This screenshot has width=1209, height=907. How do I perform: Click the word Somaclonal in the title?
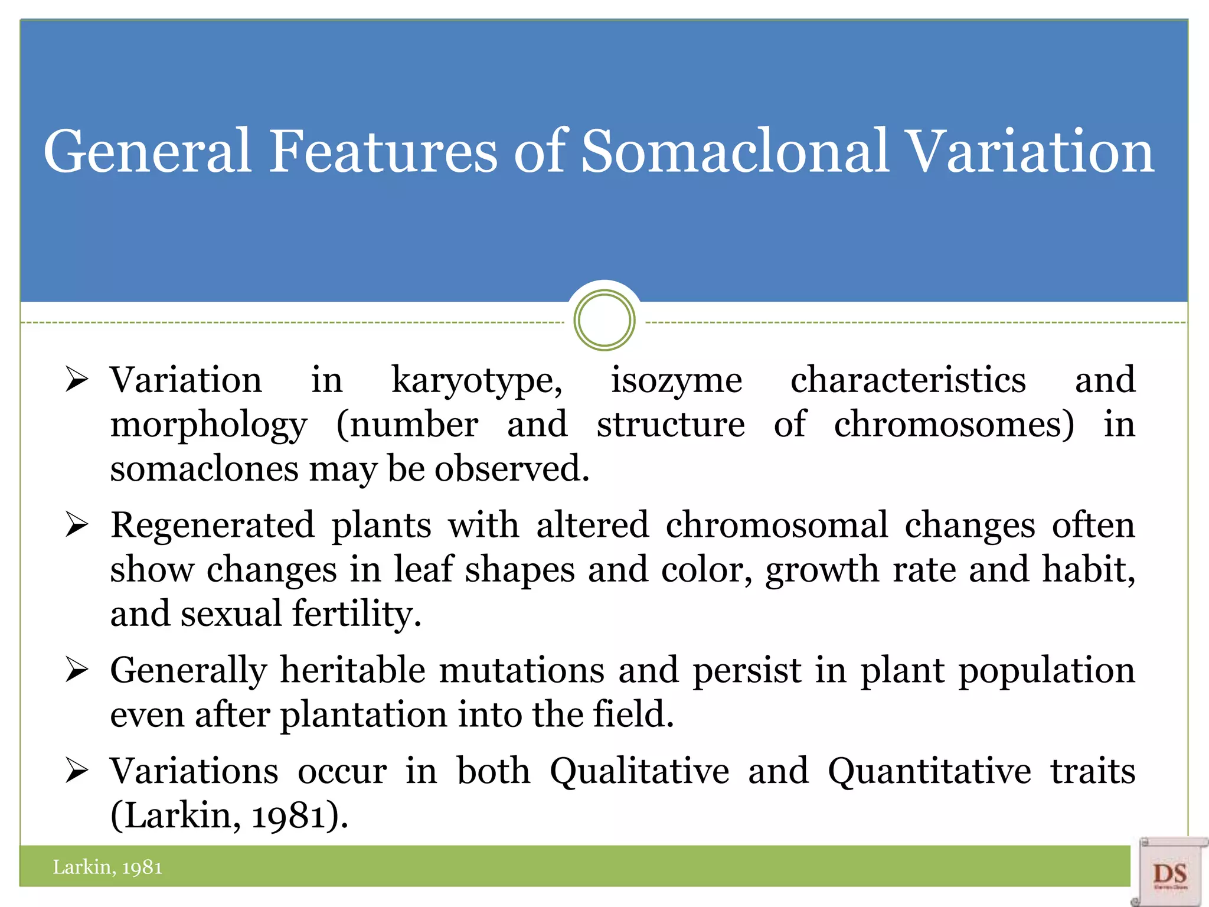pyautogui.click(x=734, y=152)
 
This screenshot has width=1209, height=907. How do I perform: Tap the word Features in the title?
pyautogui.click(x=383, y=152)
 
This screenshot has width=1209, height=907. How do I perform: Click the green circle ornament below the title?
pyautogui.click(x=604, y=320)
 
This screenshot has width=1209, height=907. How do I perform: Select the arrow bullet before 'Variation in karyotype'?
pyautogui.click(x=77, y=380)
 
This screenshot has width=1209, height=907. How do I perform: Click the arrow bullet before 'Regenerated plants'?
pyautogui.click(x=77, y=525)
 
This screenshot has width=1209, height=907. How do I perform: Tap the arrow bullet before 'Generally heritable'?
pyautogui.click(x=77, y=670)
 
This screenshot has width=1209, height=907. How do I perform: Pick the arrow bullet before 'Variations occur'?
pyautogui.click(x=77, y=771)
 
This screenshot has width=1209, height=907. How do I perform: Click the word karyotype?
pyautogui.click(x=476, y=381)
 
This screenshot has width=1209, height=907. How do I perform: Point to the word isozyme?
pyautogui.click(x=676, y=381)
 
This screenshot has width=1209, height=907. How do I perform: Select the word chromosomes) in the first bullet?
pyautogui.click(x=954, y=425)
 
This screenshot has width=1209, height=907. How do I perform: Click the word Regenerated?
pyautogui.click(x=213, y=526)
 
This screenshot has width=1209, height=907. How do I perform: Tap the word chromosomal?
pyautogui.click(x=776, y=526)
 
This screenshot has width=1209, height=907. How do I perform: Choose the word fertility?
pyautogui.click(x=357, y=614)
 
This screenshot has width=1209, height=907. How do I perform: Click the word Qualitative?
pyautogui.click(x=639, y=772)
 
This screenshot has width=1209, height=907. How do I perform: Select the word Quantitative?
pyautogui.click(x=929, y=772)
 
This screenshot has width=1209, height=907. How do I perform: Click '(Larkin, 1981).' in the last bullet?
pyautogui.click(x=229, y=816)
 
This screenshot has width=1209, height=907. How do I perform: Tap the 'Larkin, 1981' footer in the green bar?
pyautogui.click(x=107, y=867)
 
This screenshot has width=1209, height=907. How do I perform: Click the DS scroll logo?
pyautogui.click(x=1169, y=873)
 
